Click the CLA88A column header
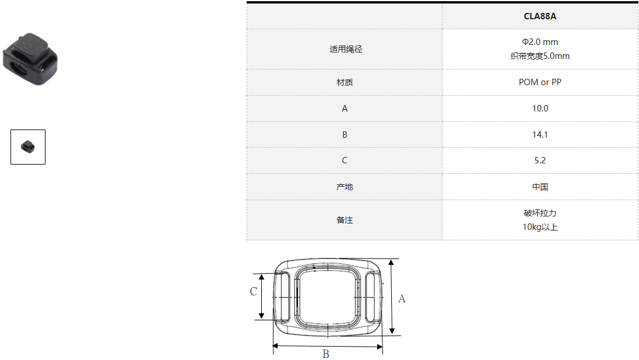click(x=539, y=16)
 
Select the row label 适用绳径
click(x=346, y=50)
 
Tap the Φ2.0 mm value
click(x=540, y=42)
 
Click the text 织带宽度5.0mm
click(x=540, y=56)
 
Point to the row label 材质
click(x=345, y=82)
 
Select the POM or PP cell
click(x=540, y=82)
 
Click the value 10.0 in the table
click(x=540, y=109)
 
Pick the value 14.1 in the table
click(x=540, y=135)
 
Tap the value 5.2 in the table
click(x=540, y=160)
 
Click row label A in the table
click(x=345, y=109)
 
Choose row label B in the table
click(x=345, y=135)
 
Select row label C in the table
click(x=345, y=160)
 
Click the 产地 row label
click(x=345, y=187)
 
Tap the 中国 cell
click(x=540, y=187)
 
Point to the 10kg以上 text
click(x=540, y=227)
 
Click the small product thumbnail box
click(x=28, y=147)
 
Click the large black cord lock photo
click(x=30, y=59)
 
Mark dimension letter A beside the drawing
click(x=402, y=299)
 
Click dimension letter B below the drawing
click(x=326, y=354)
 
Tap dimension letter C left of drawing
click(x=254, y=291)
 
